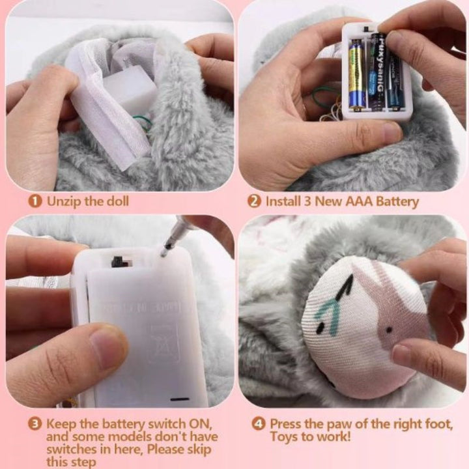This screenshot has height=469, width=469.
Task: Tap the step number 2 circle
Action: coord(255,201)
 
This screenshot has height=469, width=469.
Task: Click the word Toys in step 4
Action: coord(285,437)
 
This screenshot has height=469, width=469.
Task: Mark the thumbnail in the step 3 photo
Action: coord(107,341)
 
